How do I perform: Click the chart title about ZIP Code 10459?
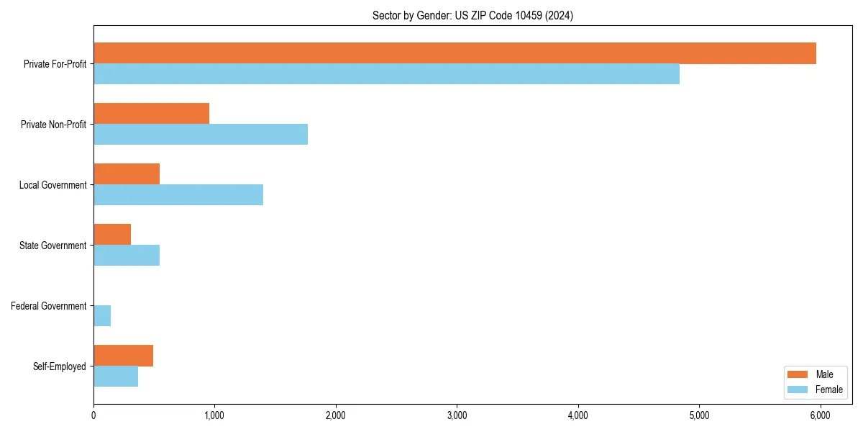click(472, 15)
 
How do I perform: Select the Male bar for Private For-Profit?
click(455, 53)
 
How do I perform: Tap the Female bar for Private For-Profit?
click(386, 74)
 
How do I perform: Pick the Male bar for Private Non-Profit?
click(151, 114)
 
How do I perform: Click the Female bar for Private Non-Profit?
click(201, 135)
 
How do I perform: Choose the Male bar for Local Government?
click(127, 174)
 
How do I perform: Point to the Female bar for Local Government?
click(178, 195)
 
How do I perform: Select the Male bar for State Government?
click(112, 235)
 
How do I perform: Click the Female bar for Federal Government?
click(102, 316)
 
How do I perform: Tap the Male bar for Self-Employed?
click(123, 356)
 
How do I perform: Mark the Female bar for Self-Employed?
click(116, 377)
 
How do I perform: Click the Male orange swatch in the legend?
click(798, 374)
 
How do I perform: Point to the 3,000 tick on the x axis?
click(457, 415)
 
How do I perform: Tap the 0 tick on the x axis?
click(93, 415)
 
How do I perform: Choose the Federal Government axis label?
click(48, 306)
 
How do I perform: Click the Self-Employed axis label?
click(59, 366)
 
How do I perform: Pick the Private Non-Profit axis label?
click(53, 125)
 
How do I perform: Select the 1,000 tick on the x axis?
click(214, 415)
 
